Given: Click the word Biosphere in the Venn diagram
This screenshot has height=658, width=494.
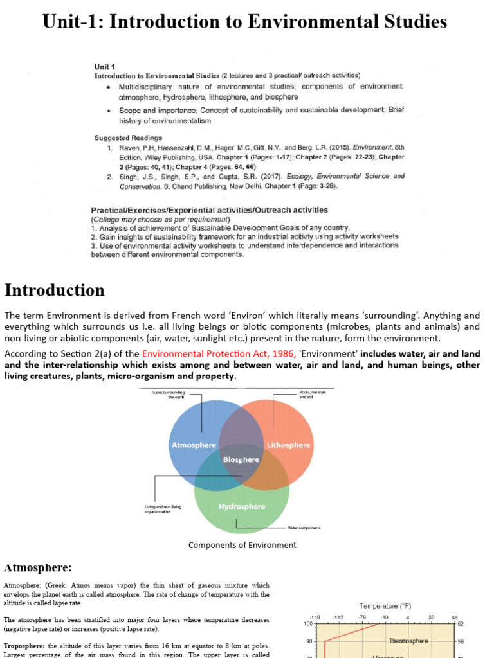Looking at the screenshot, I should [x=241, y=459].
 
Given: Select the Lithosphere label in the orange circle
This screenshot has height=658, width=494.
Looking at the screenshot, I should [x=288, y=445].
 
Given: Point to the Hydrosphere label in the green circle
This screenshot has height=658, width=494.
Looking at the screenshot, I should [x=241, y=506].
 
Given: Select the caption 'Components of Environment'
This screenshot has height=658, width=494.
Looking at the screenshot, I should [x=242, y=545].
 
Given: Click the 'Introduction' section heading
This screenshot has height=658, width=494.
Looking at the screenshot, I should [x=55, y=290].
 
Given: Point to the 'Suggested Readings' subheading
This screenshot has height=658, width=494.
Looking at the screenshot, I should [x=128, y=138].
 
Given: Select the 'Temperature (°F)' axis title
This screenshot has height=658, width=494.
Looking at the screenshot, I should [x=385, y=606].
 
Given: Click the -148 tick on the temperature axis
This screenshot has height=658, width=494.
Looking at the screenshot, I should [x=315, y=617].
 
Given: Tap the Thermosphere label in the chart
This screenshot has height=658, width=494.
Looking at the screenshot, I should [x=408, y=641].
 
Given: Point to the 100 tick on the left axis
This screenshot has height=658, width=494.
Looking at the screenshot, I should [x=308, y=624].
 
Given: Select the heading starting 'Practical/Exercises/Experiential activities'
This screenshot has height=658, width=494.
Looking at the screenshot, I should [x=209, y=209].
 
